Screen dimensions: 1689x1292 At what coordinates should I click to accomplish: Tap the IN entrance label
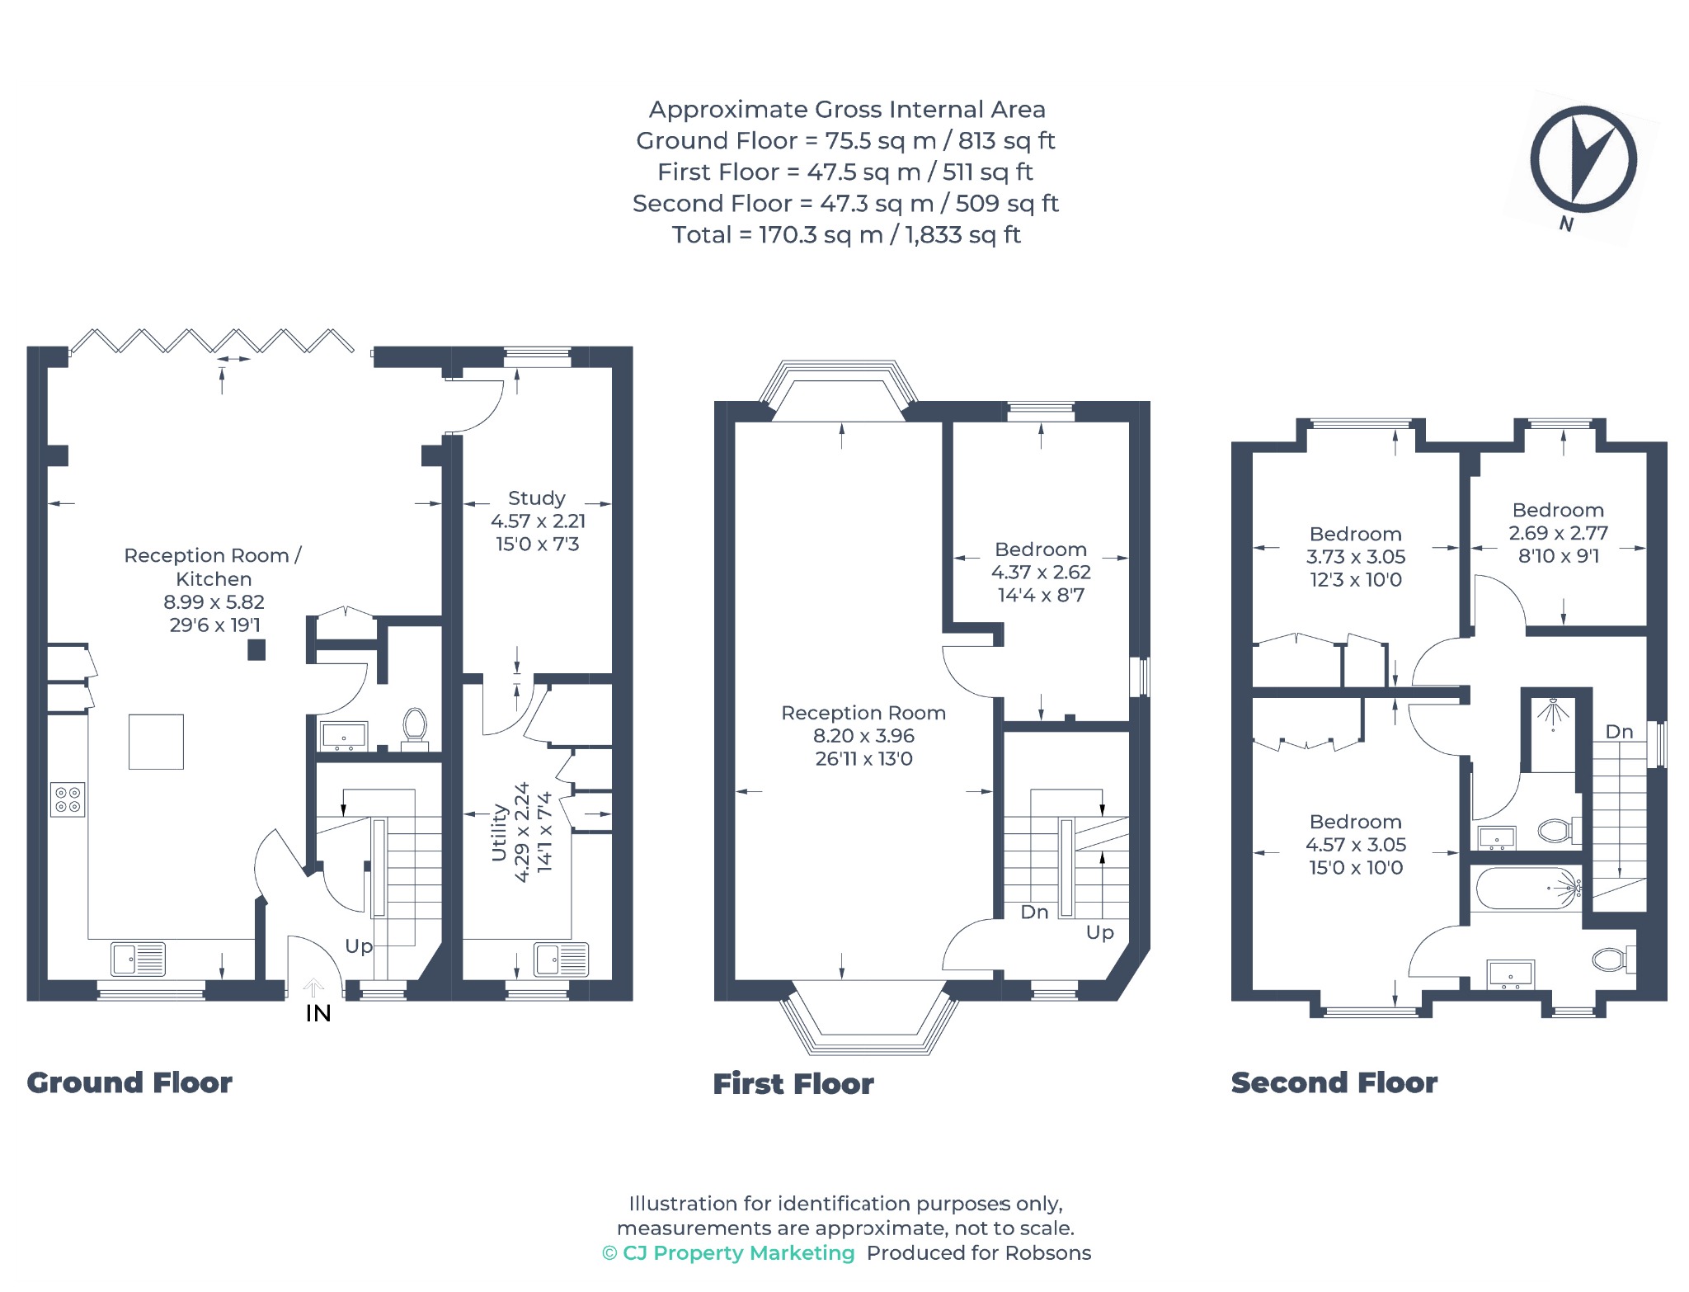coord(318,1013)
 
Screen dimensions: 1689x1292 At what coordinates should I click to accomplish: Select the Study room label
coord(537,498)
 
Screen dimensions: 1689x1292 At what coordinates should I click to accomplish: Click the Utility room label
coord(499,832)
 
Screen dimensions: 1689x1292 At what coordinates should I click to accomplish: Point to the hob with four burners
coord(68,799)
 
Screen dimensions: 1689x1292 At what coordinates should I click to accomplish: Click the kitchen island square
coord(156,742)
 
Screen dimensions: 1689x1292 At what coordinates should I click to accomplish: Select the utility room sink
coord(561,960)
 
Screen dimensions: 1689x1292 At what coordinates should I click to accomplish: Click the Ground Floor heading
coord(129,1082)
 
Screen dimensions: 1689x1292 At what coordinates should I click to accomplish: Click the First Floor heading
coord(793,1083)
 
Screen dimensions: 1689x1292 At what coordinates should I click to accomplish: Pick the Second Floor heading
coord(1334,1082)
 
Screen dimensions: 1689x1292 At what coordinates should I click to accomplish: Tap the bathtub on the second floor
coord(1528,888)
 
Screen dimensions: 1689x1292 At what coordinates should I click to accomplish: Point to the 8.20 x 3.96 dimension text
coord(863,736)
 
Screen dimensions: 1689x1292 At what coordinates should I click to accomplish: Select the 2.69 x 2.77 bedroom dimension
coord(1558,533)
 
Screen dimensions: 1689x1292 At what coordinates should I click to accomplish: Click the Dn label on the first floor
coord(1034,912)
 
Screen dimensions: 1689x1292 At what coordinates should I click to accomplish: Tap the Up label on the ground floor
coord(359,946)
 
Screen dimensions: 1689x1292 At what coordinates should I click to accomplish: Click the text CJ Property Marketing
coord(739,1252)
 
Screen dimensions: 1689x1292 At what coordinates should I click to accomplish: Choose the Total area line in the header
coord(846,235)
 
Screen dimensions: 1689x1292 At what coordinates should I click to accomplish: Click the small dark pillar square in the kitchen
coord(257,650)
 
